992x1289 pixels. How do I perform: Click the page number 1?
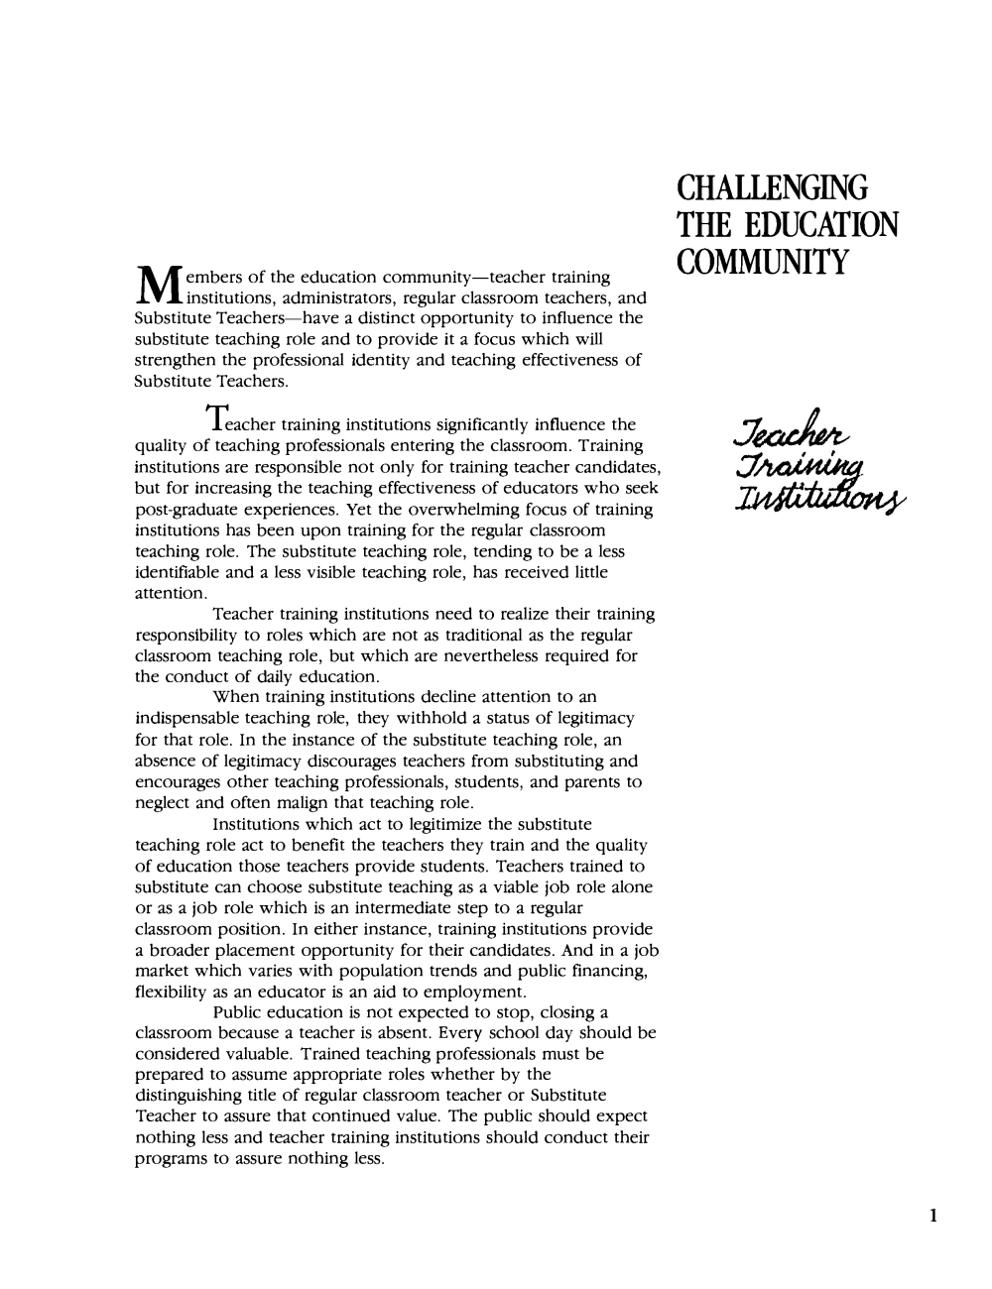pyautogui.click(x=934, y=1216)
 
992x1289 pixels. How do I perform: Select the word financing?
pyautogui.click(x=608, y=972)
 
